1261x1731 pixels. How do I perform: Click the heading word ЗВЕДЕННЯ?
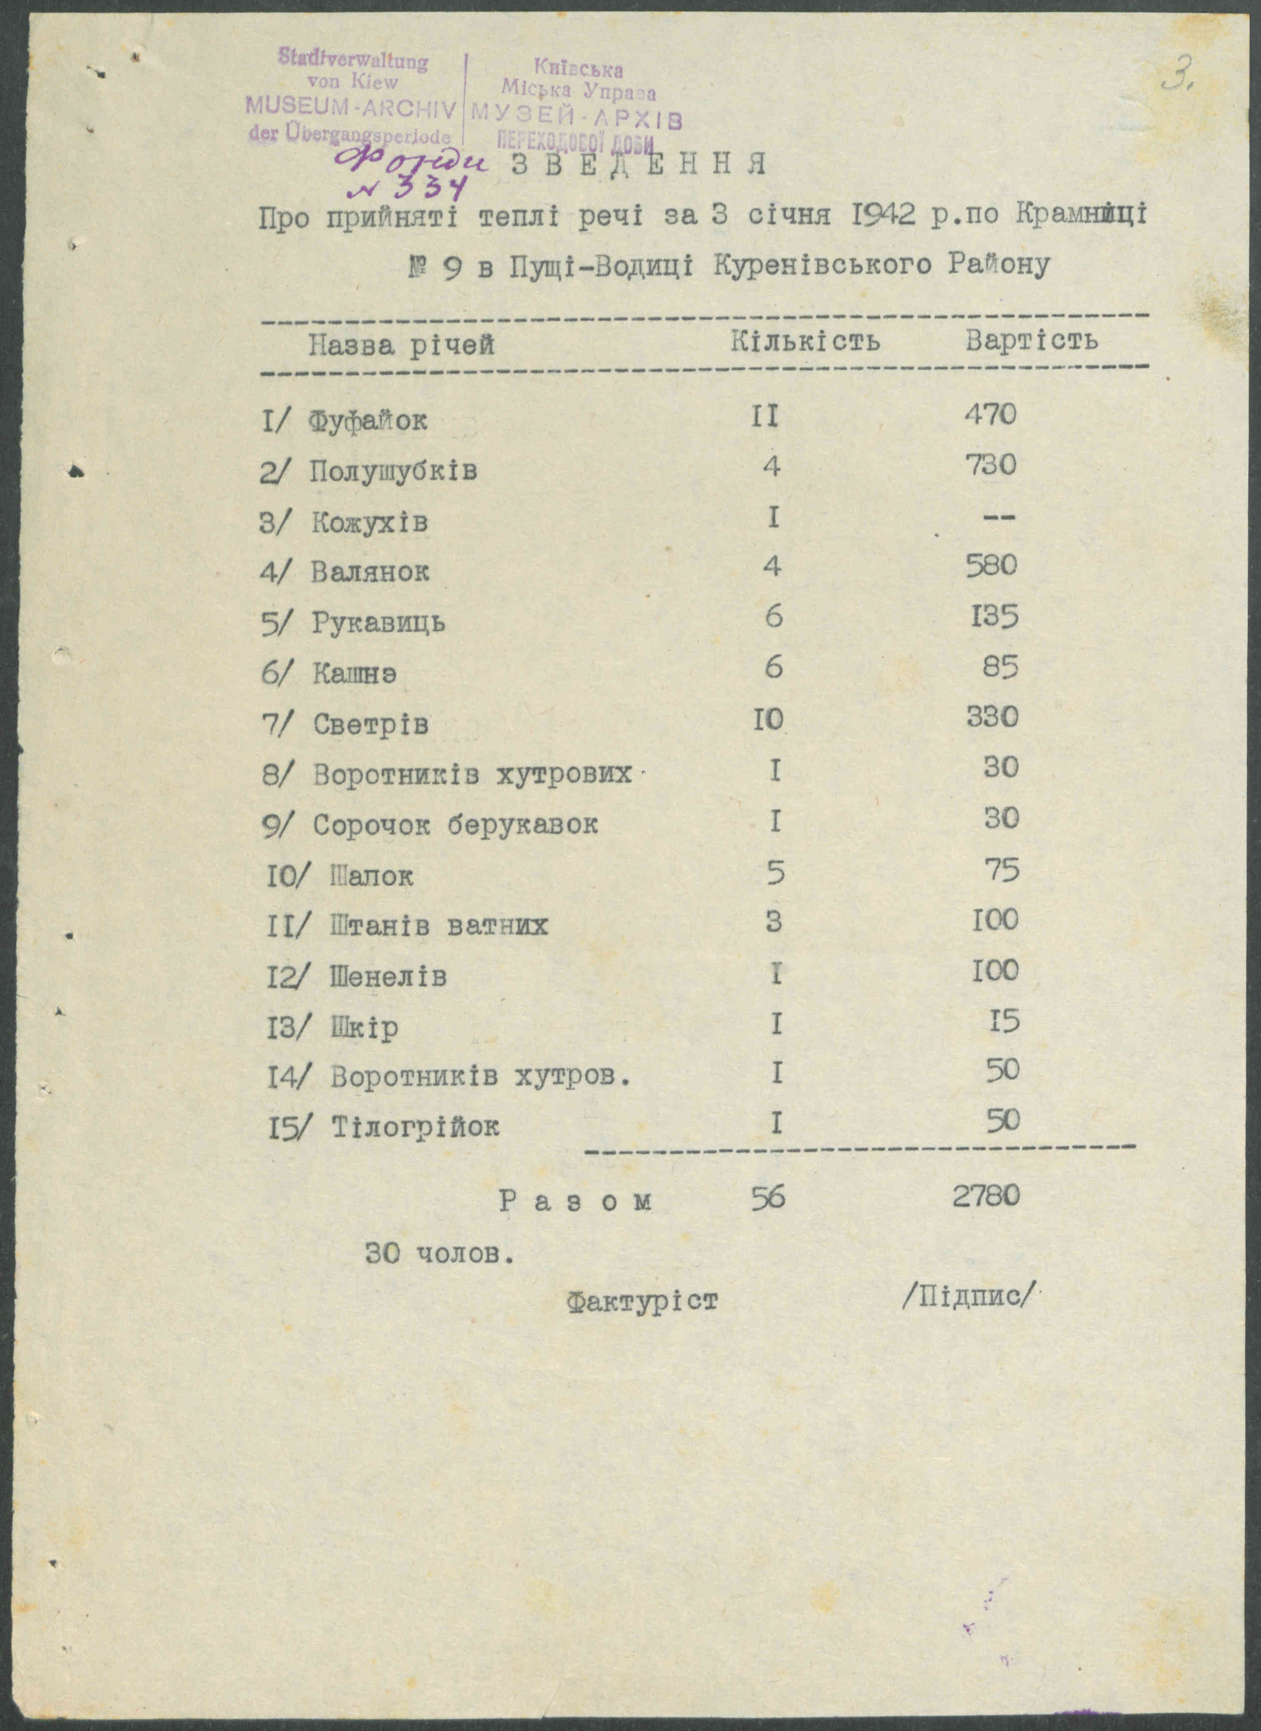point(638,165)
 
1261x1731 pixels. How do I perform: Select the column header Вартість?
point(1031,340)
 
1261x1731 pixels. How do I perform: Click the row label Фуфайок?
point(368,421)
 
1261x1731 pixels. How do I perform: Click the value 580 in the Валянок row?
point(991,566)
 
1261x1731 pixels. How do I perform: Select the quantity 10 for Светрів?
point(768,719)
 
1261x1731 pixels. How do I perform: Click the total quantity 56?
point(767,1198)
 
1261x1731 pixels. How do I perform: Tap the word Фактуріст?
point(643,1300)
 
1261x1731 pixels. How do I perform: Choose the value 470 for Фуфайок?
point(991,415)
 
